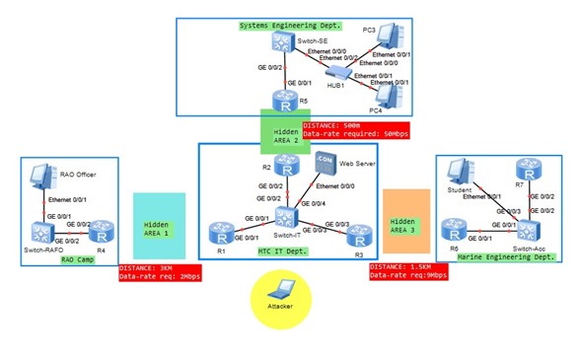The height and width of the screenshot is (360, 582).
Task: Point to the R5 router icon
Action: tap(285, 102)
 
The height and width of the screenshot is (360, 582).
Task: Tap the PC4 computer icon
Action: tap(387, 96)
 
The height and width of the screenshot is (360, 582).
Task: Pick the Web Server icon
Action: tap(326, 165)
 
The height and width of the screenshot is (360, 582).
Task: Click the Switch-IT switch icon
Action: tap(287, 217)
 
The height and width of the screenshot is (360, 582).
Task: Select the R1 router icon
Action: tap(217, 233)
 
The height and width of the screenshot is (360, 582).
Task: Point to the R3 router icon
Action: tap(357, 233)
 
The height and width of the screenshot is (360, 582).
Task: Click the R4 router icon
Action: tap(103, 233)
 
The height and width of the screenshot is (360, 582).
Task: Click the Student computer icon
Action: tap(459, 175)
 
